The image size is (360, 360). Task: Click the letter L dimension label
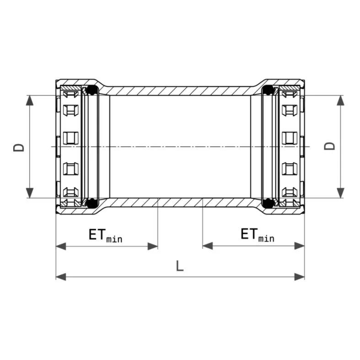tap(179, 266)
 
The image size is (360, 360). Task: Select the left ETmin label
tap(106, 235)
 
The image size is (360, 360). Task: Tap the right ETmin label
tap(258, 235)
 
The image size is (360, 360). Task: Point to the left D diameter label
tap(19, 147)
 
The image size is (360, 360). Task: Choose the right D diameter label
tap(329, 146)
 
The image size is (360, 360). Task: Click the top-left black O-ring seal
tap(92, 90)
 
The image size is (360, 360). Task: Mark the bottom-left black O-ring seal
tap(92, 203)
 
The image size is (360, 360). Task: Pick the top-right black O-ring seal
tap(268, 90)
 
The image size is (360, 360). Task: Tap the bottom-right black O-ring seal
tap(268, 203)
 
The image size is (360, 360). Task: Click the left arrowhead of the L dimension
tap(61, 277)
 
